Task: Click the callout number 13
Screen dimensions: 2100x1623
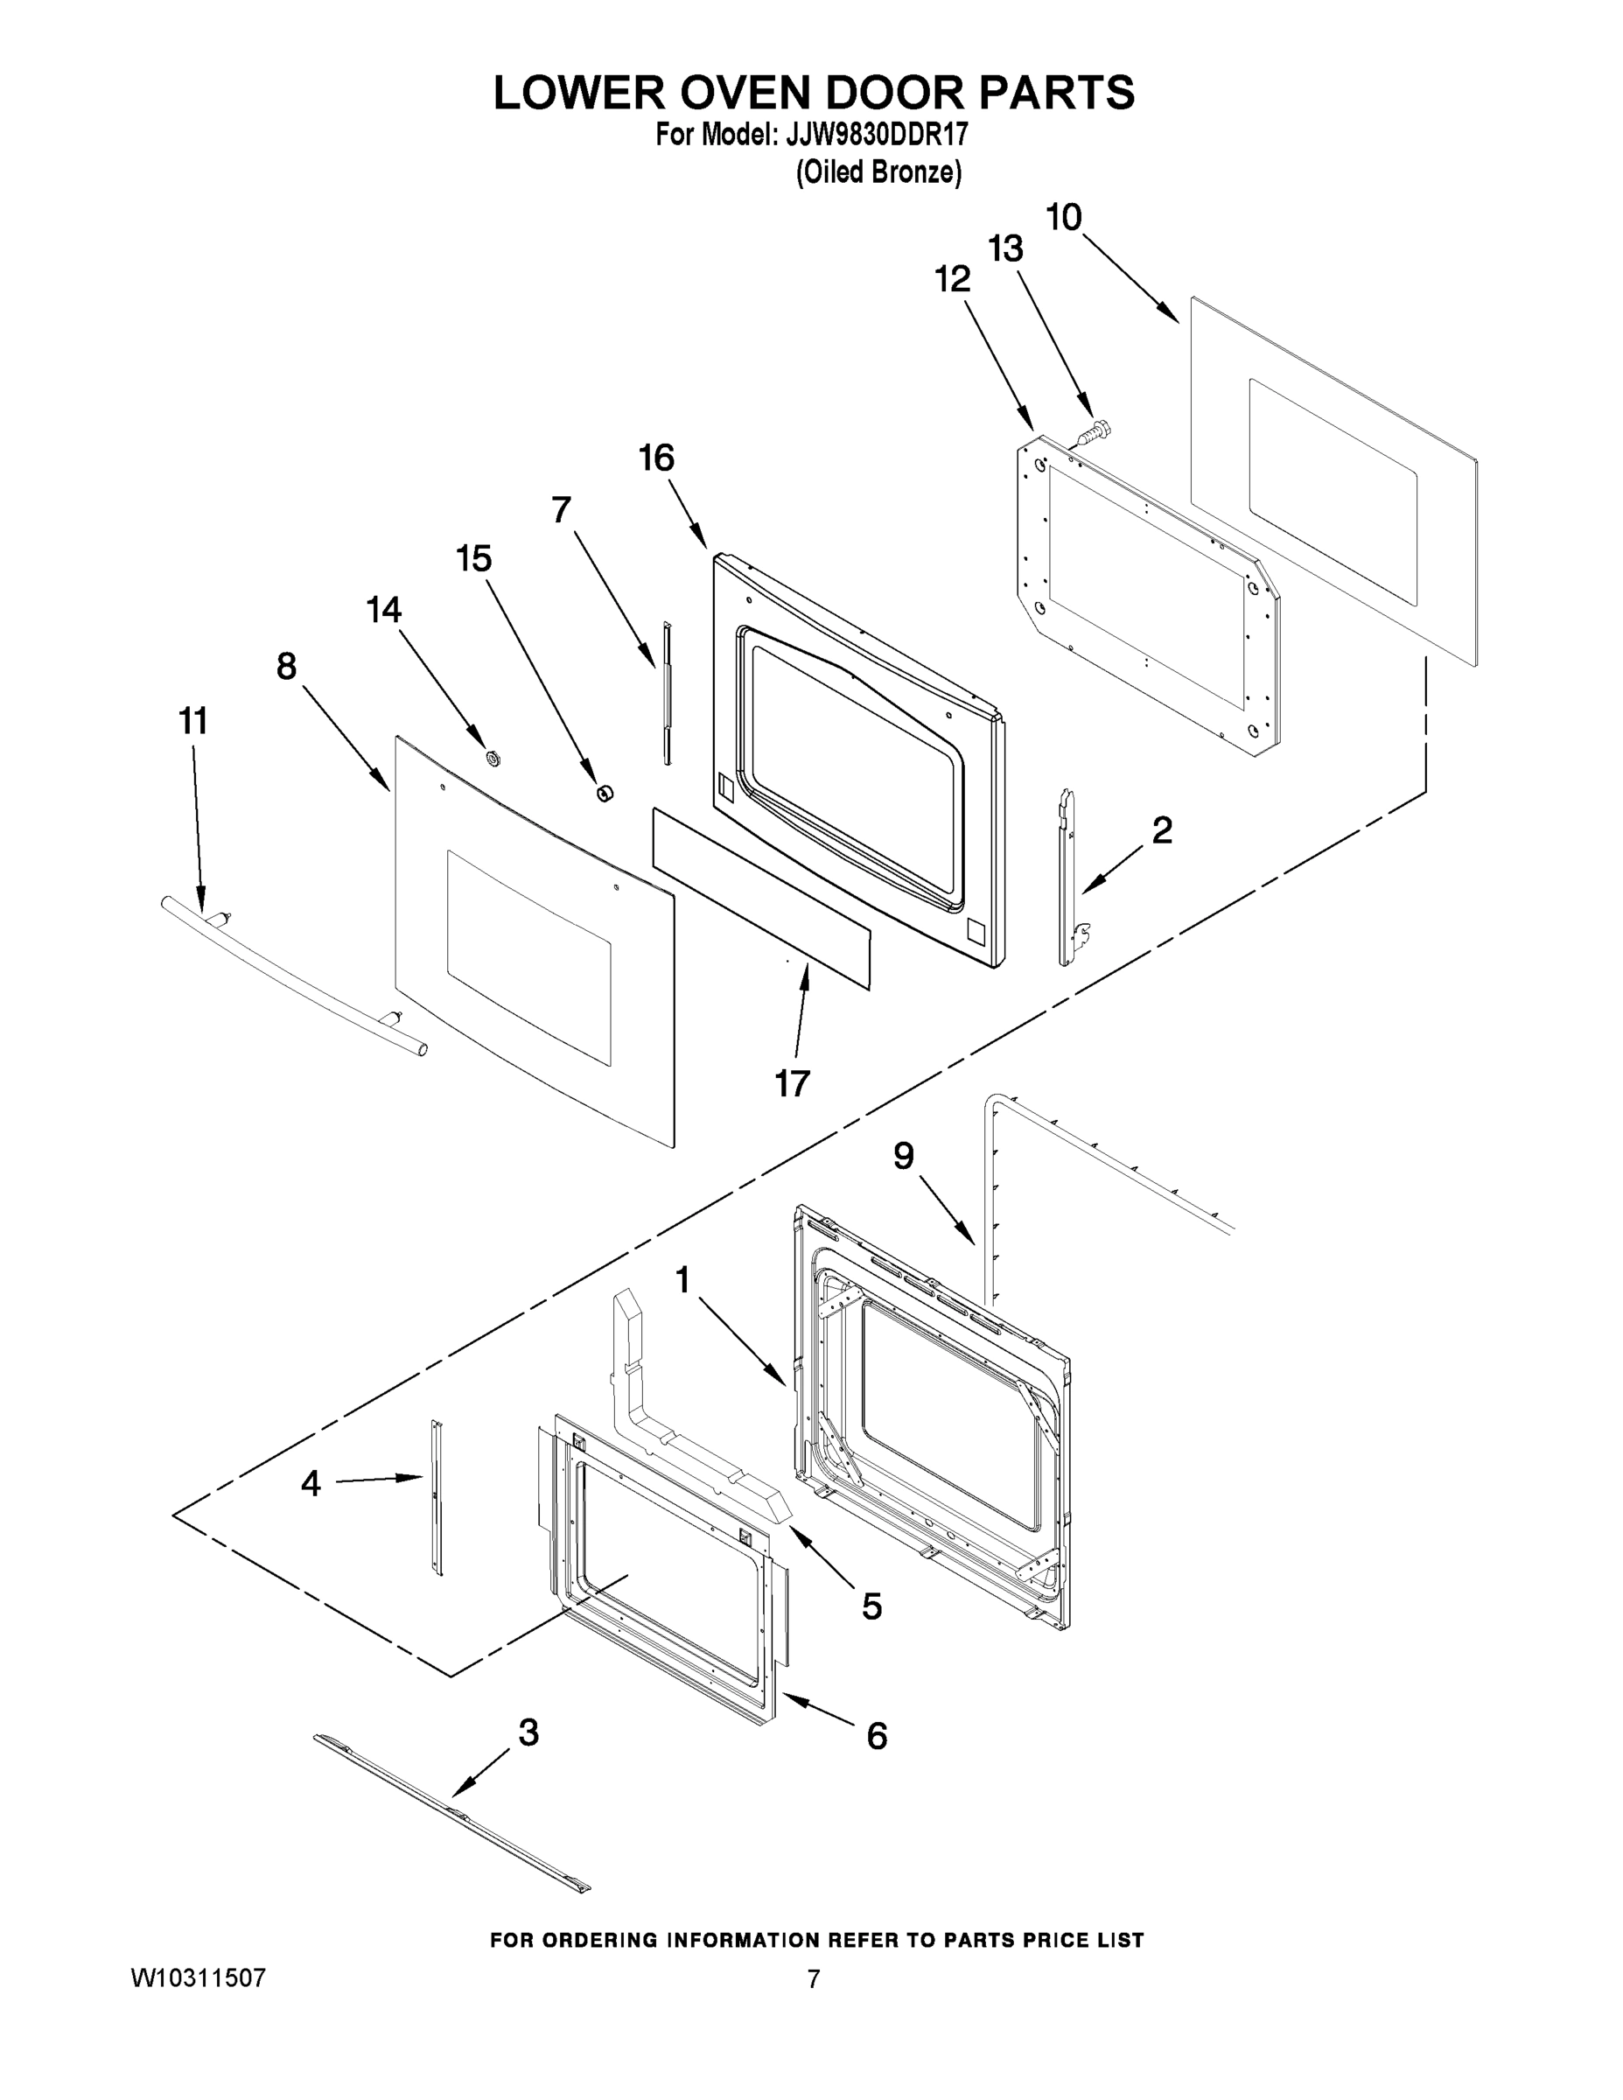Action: point(1005,249)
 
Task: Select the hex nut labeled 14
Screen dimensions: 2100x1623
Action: point(493,758)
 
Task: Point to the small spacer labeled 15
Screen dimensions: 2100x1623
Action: point(605,792)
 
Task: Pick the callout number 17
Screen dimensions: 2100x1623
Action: point(793,1083)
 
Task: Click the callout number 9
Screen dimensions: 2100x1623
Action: point(903,1156)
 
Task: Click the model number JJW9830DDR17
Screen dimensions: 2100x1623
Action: point(876,136)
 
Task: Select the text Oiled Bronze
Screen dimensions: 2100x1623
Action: point(878,173)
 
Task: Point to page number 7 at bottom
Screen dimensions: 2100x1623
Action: point(814,1979)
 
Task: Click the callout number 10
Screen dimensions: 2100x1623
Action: point(1063,217)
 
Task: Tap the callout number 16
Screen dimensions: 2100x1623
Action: point(657,458)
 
